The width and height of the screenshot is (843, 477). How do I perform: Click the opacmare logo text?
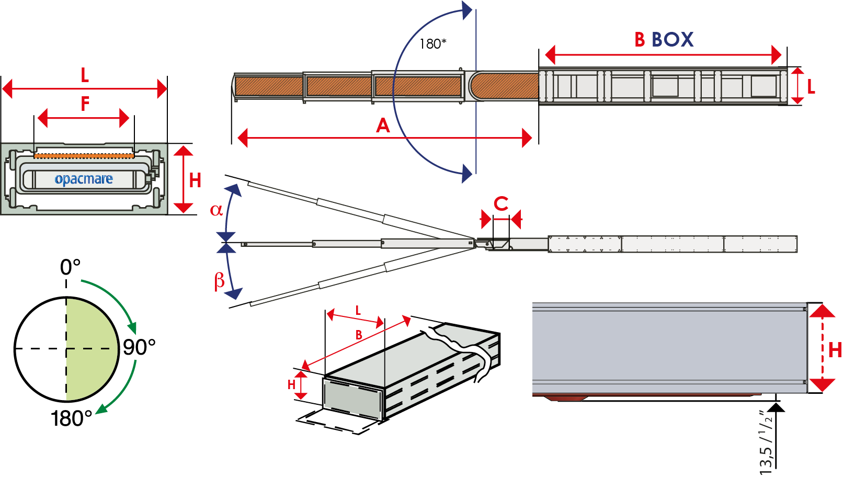(x=84, y=179)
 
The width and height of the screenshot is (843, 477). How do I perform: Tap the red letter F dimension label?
(x=85, y=104)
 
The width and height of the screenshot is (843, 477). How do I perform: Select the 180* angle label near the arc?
(x=432, y=44)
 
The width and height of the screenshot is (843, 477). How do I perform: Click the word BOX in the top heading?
(x=673, y=40)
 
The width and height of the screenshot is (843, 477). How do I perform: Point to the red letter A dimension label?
(x=383, y=126)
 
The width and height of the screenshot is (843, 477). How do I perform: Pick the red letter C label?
(x=501, y=204)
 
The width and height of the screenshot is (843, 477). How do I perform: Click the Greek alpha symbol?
(x=216, y=210)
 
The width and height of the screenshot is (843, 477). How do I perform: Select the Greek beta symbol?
(x=220, y=281)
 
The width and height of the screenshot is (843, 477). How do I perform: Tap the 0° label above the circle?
(x=70, y=267)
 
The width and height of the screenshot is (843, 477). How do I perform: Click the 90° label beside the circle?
(x=139, y=347)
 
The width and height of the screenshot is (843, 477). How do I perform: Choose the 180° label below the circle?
(x=72, y=418)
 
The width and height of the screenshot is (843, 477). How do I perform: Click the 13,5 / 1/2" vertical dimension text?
(x=766, y=442)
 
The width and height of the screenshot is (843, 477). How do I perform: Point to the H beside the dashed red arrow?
(x=835, y=350)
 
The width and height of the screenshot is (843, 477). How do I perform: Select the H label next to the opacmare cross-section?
(x=195, y=180)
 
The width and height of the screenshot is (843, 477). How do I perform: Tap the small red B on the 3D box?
(x=359, y=335)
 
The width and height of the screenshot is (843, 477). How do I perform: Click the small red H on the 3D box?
(x=292, y=385)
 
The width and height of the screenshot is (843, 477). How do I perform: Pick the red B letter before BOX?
(x=640, y=40)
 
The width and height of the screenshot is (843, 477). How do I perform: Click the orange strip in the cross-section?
(x=84, y=155)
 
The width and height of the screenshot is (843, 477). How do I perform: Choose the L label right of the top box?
(x=811, y=87)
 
